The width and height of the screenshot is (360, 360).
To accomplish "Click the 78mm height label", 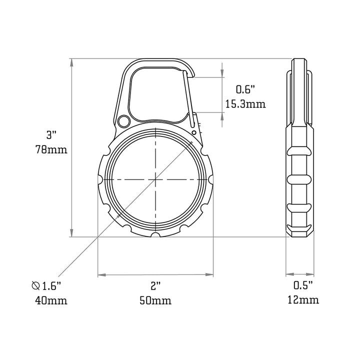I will pos(51,149).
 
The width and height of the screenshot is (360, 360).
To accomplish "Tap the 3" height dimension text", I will pos(51,134).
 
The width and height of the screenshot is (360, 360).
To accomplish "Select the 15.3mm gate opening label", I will pos(245,104).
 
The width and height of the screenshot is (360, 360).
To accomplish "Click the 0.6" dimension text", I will pos(245,89).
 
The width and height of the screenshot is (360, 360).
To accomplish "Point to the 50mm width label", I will pos(155,300).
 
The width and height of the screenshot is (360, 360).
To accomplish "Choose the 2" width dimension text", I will pos(155,285).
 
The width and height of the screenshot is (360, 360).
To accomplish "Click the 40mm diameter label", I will pos(51,300).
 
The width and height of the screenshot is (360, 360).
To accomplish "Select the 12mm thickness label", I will pos(303,300).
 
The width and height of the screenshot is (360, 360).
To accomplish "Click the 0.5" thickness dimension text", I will pos(303,285).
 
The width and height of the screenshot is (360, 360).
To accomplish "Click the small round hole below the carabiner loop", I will pos(124,120).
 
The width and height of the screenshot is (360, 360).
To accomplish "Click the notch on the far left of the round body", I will pos(100,179).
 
